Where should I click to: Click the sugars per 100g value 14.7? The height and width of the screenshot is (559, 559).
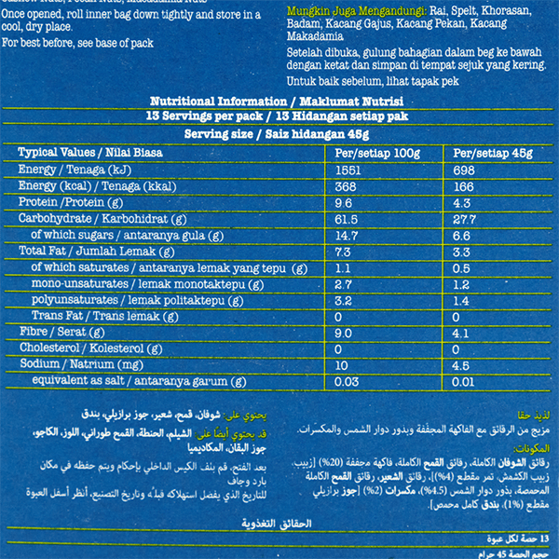(348, 235)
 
